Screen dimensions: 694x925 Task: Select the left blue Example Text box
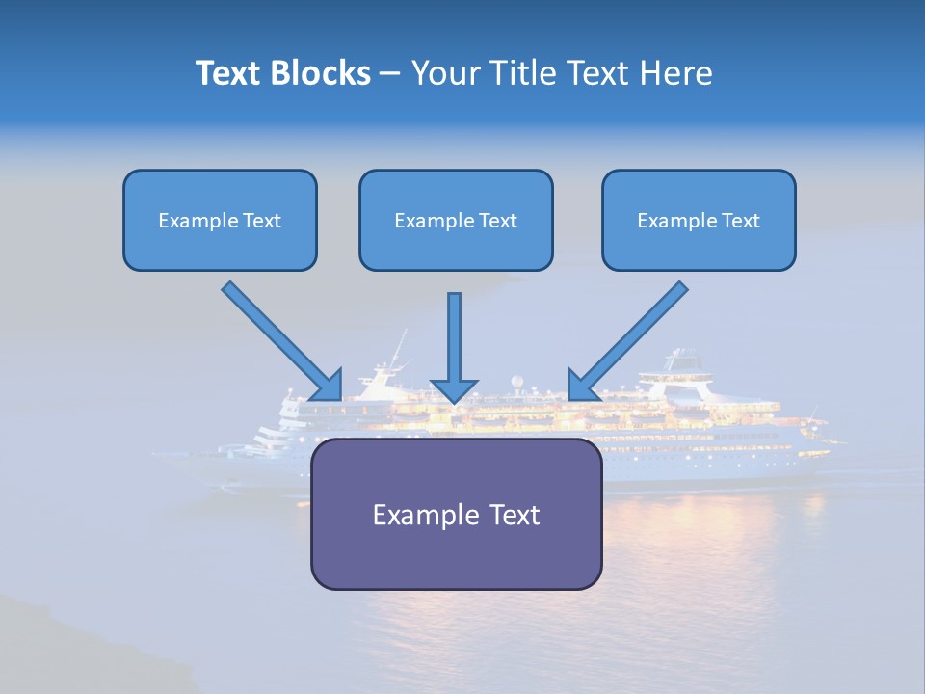(220, 221)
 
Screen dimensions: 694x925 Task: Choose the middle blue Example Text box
(456, 221)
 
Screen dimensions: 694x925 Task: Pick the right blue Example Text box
(699, 221)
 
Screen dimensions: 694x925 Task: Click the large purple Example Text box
(456, 515)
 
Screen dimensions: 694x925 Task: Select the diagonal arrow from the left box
(279, 338)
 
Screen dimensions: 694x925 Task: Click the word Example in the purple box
(414, 515)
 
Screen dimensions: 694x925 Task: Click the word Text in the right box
(740, 221)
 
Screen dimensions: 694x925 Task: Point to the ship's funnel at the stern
(685, 361)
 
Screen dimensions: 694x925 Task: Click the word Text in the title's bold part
(228, 73)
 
